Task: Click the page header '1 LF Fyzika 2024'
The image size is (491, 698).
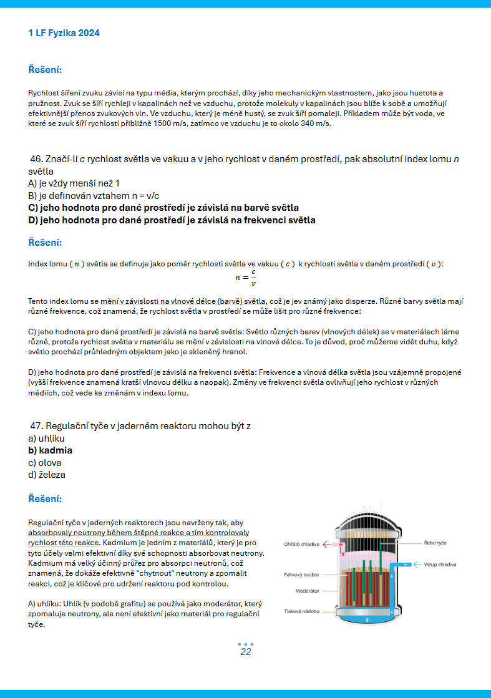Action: pyautogui.click(x=64, y=33)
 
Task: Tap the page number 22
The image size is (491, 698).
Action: pyautogui.click(x=245, y=652)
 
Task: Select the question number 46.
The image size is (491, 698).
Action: pyautogui.click(x=37, y=159)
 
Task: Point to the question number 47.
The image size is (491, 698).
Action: pyautogui.click(x=37, y=426)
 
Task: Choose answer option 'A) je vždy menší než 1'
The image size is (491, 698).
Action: pyautogui.click(x=74, y=183)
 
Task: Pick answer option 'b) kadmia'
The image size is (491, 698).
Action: pyautogui.click(x=50, y=450)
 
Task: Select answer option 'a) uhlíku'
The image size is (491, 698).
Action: pyautogui.click(x=46, y=439)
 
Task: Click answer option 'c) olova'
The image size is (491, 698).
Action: pyautogui.click(x=45, y=463)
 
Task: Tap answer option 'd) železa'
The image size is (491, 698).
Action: pyautogui.click(x=47, y=475)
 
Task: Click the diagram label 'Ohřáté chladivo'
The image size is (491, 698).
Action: pyautogui.click(x=301, y=544)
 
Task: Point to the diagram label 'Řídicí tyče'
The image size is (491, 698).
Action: pyautogui.click(x=435, y=543)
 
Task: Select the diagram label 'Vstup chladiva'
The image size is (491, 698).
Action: pyautogui.click(x=440, y=565)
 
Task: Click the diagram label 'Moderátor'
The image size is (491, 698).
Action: pyautogui.click(x=307, y=590)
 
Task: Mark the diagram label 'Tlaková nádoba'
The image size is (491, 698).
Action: pyautogui.click(x=301, y=611)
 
